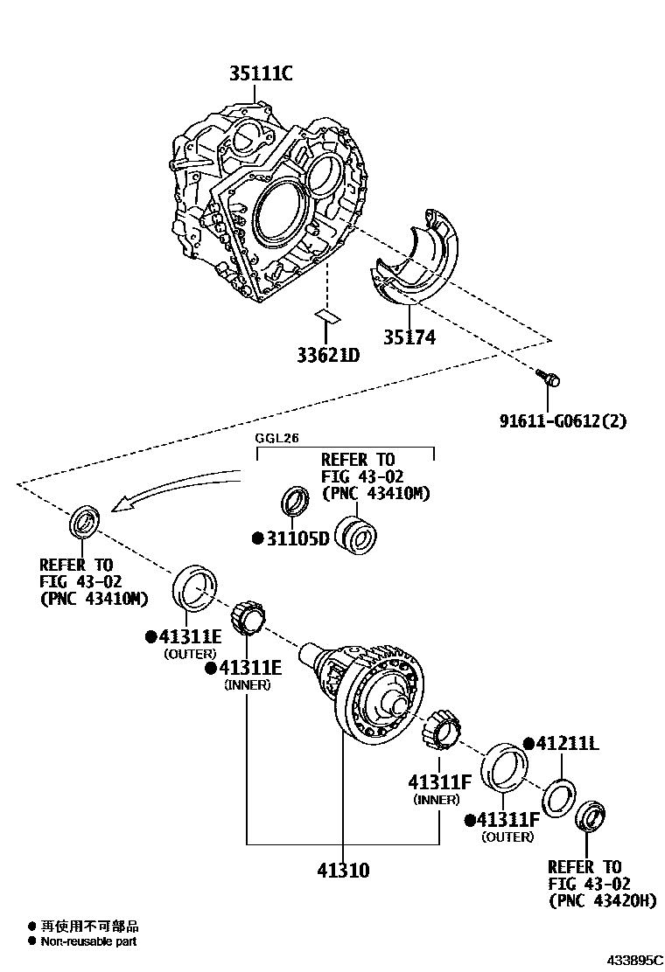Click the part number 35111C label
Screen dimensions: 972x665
[x=261, y=74]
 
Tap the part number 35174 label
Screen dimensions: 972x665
[x=408, y=337]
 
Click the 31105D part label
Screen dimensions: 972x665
[x=296, y=538]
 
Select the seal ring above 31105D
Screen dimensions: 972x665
[x=294, y=502]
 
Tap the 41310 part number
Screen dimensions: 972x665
[x=342, y=871]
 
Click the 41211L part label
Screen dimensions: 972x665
[x=566, y=743]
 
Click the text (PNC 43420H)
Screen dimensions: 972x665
[x=601, y=900]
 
